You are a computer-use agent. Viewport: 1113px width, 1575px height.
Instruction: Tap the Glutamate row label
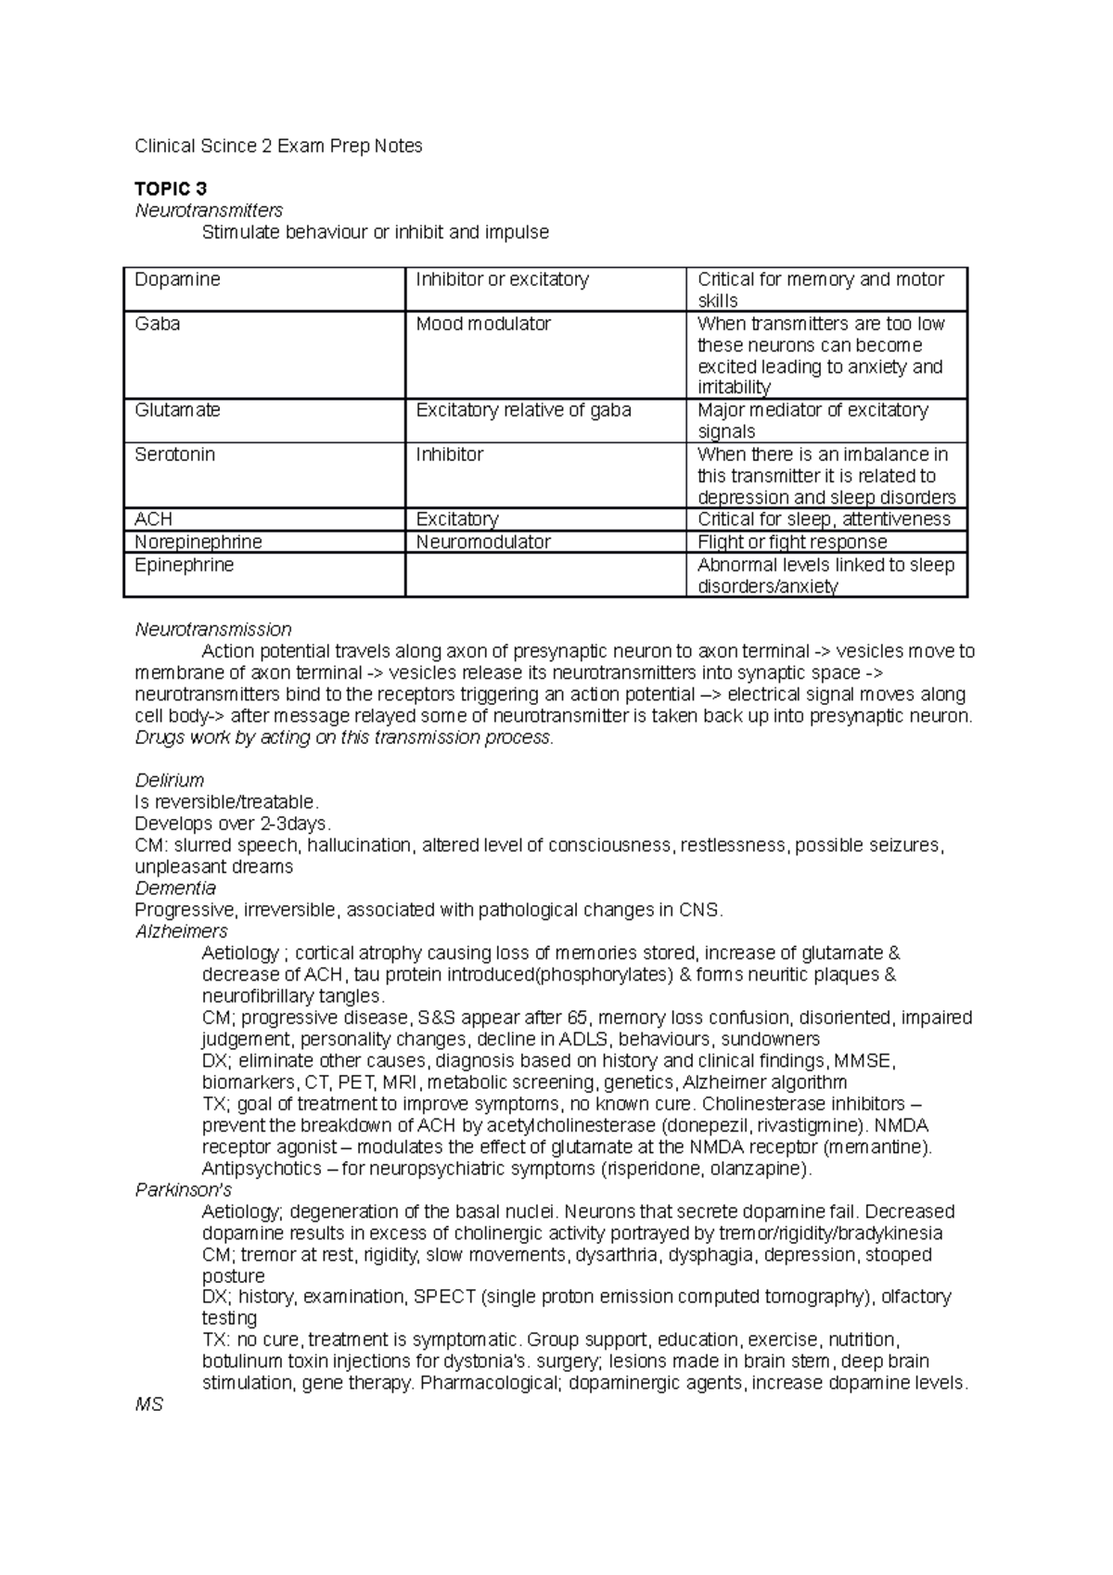coord(177,410)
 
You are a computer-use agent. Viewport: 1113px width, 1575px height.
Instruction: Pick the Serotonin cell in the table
coord(174,455)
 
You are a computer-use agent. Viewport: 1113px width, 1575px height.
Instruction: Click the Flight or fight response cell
coord(792,542)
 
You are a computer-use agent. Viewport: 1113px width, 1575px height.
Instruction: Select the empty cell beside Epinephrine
coord(544,575)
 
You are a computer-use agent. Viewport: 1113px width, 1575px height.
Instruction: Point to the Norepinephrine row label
coord(198,542)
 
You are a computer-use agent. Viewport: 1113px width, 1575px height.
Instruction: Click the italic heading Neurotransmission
coord(213,630)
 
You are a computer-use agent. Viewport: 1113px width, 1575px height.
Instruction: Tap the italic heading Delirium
coord(170,780)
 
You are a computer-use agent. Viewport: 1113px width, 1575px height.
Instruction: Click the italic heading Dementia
coord(175,888)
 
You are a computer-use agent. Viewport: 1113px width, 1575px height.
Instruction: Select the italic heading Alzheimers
coord(182,931)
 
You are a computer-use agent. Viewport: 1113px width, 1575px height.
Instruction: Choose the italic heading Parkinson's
coord(184,1189)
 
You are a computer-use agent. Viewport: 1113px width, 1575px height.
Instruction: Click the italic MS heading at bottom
coord(149,1404)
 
